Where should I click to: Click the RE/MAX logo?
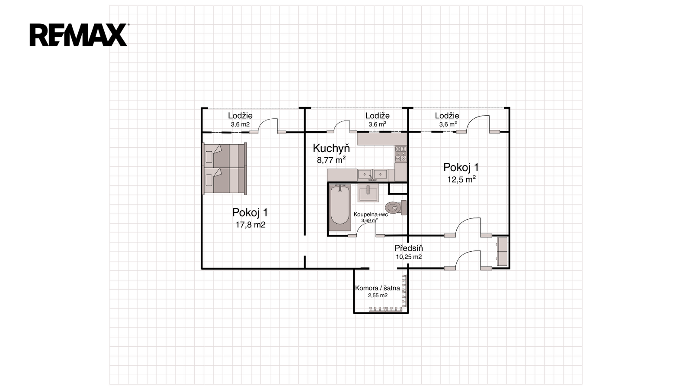coord(79,35)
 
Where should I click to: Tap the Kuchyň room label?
coord(331,148)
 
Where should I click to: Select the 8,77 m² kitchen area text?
coord(331,160)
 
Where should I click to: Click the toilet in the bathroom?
coord(396,208)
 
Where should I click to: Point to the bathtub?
coord(340,208)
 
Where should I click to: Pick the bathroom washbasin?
coord(368,193)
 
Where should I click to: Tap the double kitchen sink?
coord(372,175)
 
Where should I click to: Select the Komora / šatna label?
coord(378,288)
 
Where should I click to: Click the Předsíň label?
coord(409,248)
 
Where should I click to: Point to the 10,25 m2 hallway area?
coord(409,257)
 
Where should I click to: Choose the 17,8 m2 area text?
coord(250,225)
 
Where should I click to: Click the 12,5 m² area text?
coord(461,179)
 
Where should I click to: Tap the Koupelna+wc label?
coord(371,214)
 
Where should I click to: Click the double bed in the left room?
coord(224,169)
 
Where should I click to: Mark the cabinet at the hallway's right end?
coord(503,251)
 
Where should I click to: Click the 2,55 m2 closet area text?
coord(378,296)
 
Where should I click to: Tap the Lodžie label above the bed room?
coord(240,116)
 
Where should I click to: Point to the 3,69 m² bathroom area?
coord(369,221)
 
